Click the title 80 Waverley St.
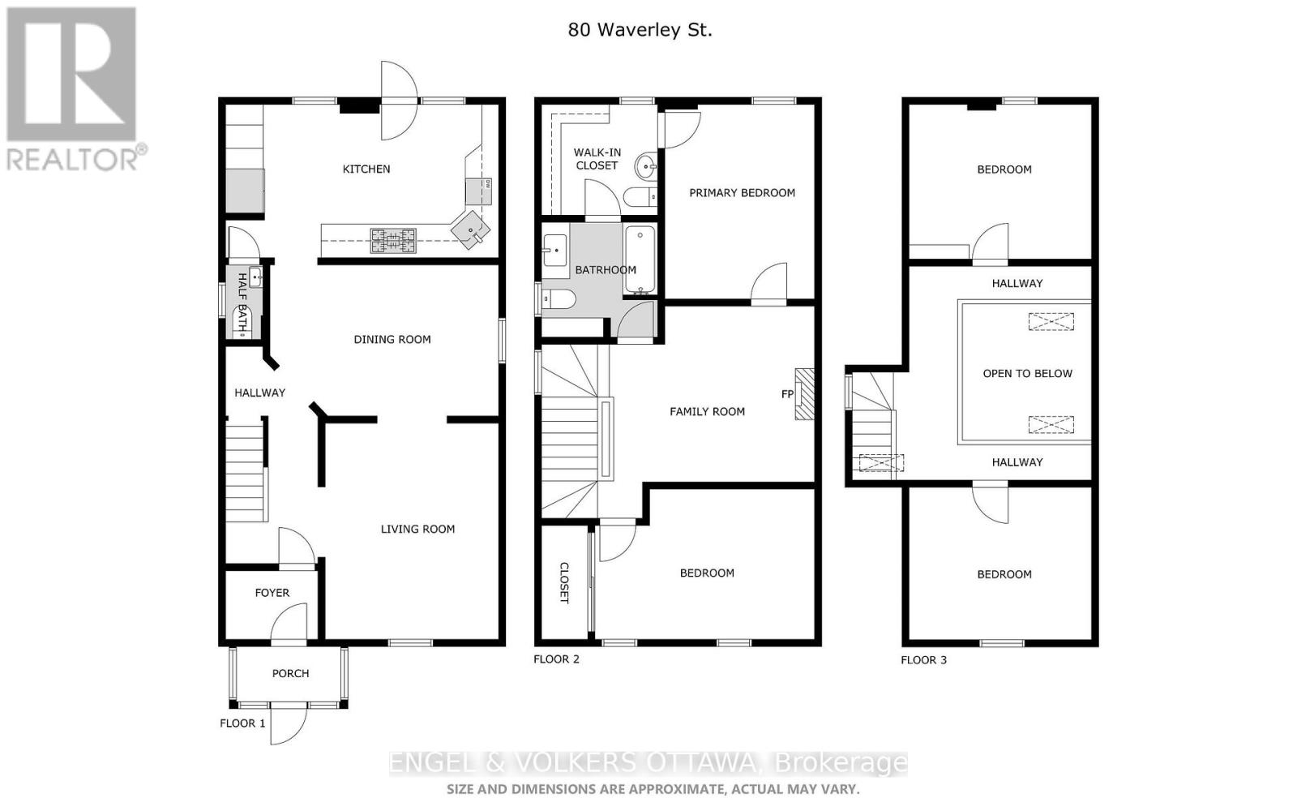[640, 30]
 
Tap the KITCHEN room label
[366, 169]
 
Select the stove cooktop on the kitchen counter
[393, 240]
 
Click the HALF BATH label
[242, 303]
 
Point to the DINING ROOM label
[392, 339]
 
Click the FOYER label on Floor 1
[272, 593]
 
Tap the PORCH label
[290, 673]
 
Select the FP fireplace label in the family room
[786, 394]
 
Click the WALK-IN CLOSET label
[597, 159]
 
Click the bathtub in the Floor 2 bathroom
[640, 260]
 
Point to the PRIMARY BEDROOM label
[742, 193]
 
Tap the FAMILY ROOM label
[707, 411]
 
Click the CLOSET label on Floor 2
[564, 583]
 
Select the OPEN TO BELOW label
[1027, 374]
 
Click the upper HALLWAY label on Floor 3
[1017, 283]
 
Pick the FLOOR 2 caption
[556, 659]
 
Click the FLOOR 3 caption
[923, 659]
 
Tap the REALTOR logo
[72, 89]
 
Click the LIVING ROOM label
[417, 529]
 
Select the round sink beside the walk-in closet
[648, 167]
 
